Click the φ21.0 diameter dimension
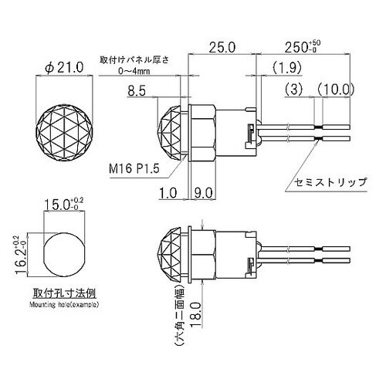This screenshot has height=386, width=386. click(64, 68)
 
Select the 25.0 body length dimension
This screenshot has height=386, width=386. click(222, 48)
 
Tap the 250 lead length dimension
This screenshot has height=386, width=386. click(303, 47)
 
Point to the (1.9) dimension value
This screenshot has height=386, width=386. click(286, 68)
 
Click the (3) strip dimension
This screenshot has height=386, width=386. click(294, 90)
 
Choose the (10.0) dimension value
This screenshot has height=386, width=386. click(335, 90)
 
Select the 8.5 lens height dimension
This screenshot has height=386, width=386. click(137, 91)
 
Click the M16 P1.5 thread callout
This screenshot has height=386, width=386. click(134, 169)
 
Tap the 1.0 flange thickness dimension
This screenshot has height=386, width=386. click(168, 193)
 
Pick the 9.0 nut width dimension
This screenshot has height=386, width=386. click(203, 193)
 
